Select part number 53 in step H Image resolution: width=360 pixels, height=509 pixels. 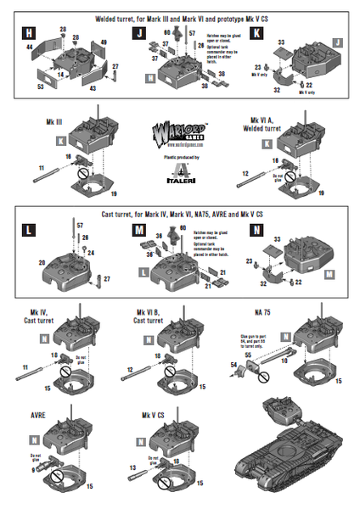[40, 87]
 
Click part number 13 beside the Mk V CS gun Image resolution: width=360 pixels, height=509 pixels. [132, 466]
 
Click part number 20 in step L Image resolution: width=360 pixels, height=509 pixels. [40, 263]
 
